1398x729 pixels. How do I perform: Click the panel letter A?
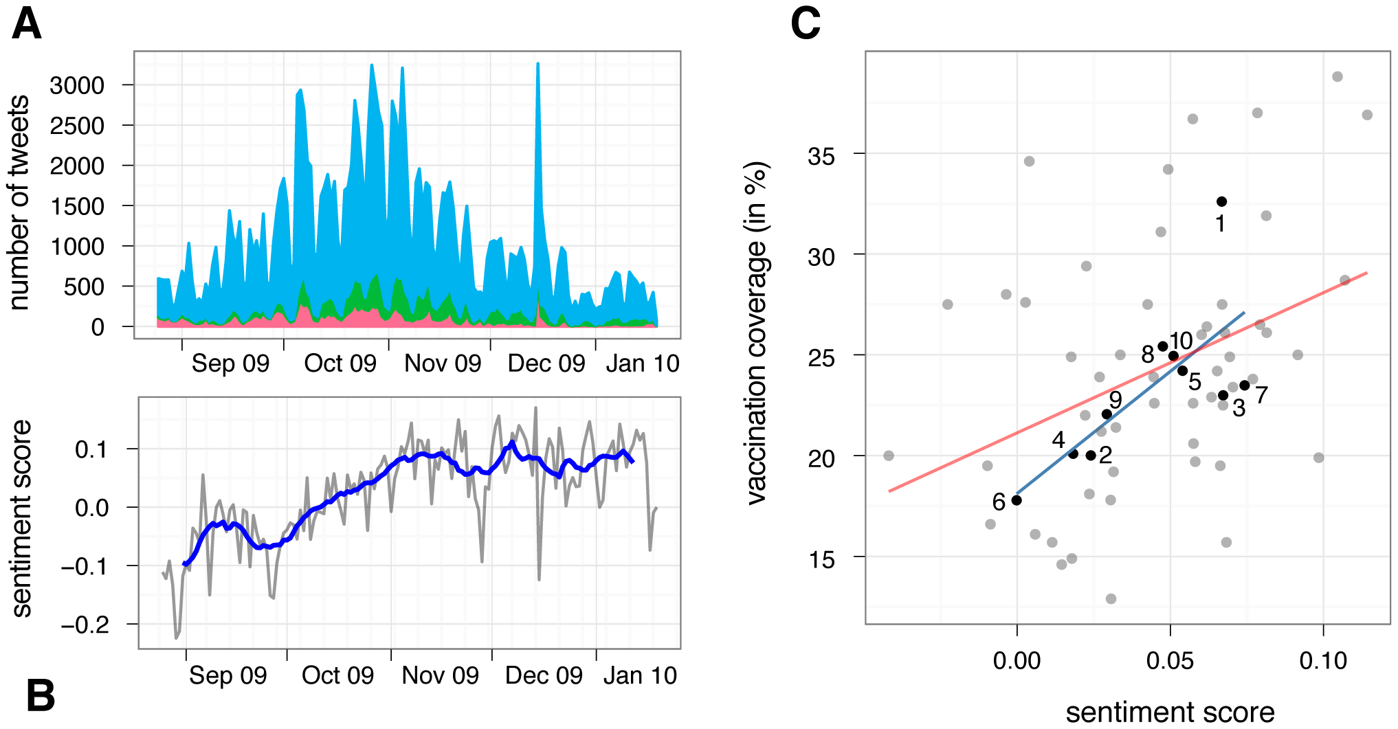[x=27, y=25]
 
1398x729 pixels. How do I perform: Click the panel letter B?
[x=41, y=695]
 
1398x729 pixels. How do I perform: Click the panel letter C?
[x=805, y=24]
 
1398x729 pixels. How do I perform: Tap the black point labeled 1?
[x=1221, y=201]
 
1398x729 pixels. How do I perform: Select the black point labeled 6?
[x=1017, y=500]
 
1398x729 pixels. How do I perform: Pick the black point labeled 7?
[x=1245, y=385]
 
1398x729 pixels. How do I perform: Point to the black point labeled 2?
[x=1091, y=456]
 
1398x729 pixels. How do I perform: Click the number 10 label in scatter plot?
[x=1181, y=341]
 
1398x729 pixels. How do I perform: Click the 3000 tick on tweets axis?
[x=77, y=86]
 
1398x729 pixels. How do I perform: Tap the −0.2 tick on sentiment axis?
[x=85, y=625]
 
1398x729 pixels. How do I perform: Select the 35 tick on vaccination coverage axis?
[x=821, y=156]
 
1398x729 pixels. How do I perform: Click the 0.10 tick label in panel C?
[x=1322, y=661]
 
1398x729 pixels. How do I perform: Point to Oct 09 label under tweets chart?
[x=340, y=363]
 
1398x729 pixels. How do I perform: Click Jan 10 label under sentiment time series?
[x=640, y=675]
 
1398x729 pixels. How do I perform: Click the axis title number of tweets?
[x=20, y=203]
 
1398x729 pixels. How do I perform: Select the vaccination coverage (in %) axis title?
[x=756, y=333]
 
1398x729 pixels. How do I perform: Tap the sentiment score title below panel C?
[x=1170, y=713]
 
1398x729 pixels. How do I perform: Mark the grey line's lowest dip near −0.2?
[x=177, y=637]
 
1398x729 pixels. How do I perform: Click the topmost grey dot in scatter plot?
[x=1338, y=77]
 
